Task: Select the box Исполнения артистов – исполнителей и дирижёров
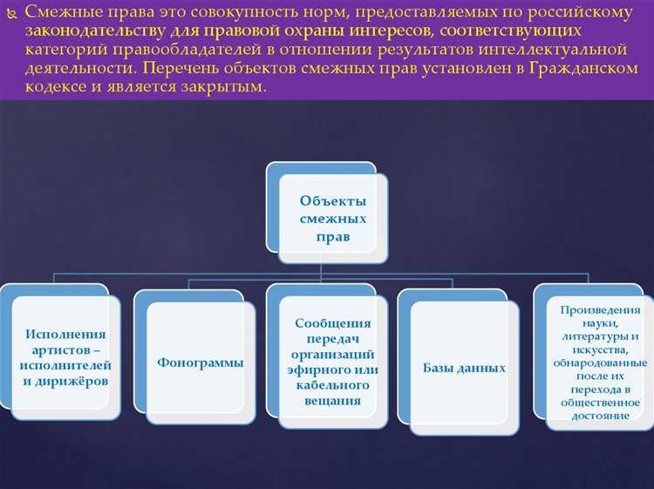65,357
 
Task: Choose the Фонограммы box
201,363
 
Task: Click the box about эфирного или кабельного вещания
334,361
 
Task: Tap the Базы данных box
464,368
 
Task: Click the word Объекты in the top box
332,200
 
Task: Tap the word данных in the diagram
482,368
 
